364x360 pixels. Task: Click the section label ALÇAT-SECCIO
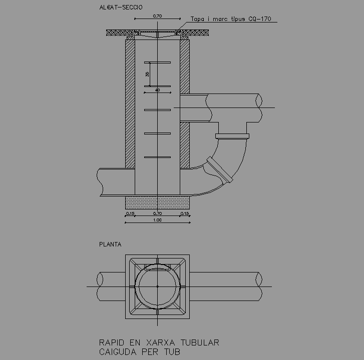121,7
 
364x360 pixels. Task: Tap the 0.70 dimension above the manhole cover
157,16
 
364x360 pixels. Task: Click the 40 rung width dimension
157,90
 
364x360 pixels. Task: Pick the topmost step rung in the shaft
157,62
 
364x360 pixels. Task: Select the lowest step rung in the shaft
157,157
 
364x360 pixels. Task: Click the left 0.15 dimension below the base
130,214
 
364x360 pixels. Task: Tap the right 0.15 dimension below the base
184,214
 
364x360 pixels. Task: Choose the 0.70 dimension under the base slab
157,214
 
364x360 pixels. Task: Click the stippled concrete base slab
157,202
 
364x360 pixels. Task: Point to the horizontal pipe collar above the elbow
232,136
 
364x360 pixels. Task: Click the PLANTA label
110,244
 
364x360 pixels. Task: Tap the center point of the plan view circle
157,286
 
